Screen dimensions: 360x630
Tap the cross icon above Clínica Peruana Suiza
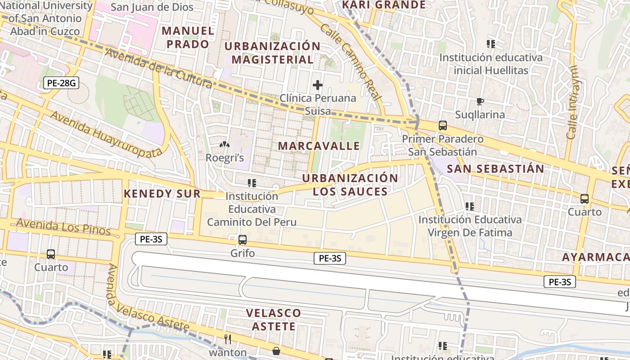[x=318, y=85]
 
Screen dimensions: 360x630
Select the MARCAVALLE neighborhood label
[x=319, y=146]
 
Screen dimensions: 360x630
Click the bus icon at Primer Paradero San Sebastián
[x=443, y=126]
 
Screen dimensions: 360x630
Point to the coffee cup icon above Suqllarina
[x=480, y=101]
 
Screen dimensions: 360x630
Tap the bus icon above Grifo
[x=243, y=240]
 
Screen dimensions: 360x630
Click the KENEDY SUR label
[x=162, y=194]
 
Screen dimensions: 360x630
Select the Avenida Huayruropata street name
[x=106, y=134]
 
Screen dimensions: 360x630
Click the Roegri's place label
[x=225, y=157]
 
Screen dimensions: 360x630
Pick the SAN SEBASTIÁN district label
[x=495, y=169]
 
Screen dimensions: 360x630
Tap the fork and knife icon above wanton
[x=228, y=339]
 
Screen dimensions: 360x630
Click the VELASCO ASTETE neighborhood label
[x=274, y=319]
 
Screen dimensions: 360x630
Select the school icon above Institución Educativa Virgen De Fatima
[x=470, y=207]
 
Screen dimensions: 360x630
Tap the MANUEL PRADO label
[x=188, y=37]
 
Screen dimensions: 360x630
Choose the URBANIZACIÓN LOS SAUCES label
[x=350, y=184]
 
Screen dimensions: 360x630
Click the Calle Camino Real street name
[x=351, y=62]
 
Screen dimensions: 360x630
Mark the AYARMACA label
[x=595, y=257]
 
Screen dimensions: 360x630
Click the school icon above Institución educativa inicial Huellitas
[x=490, y=44]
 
